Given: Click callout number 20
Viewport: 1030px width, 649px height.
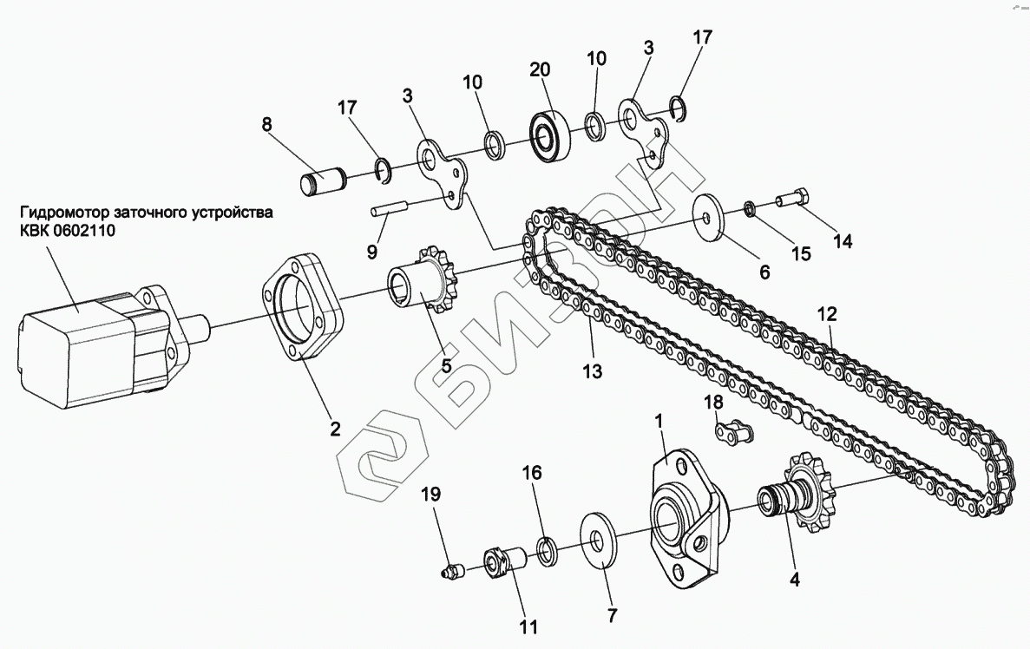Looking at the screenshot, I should point(540,70).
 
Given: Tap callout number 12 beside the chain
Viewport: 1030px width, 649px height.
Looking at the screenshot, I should point(828,313).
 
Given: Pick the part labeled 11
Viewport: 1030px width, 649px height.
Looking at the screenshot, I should point(502,563).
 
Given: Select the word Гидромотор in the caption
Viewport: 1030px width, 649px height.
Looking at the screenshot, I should point(61,212).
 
